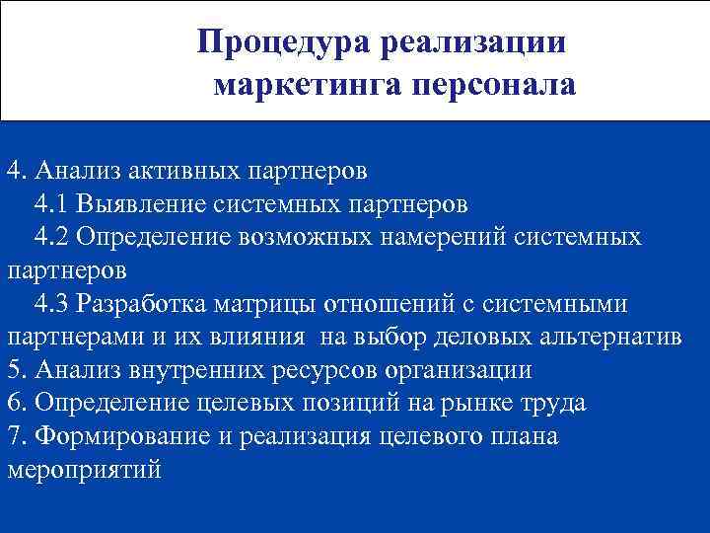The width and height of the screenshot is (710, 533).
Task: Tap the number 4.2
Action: (x=51, y=237)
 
